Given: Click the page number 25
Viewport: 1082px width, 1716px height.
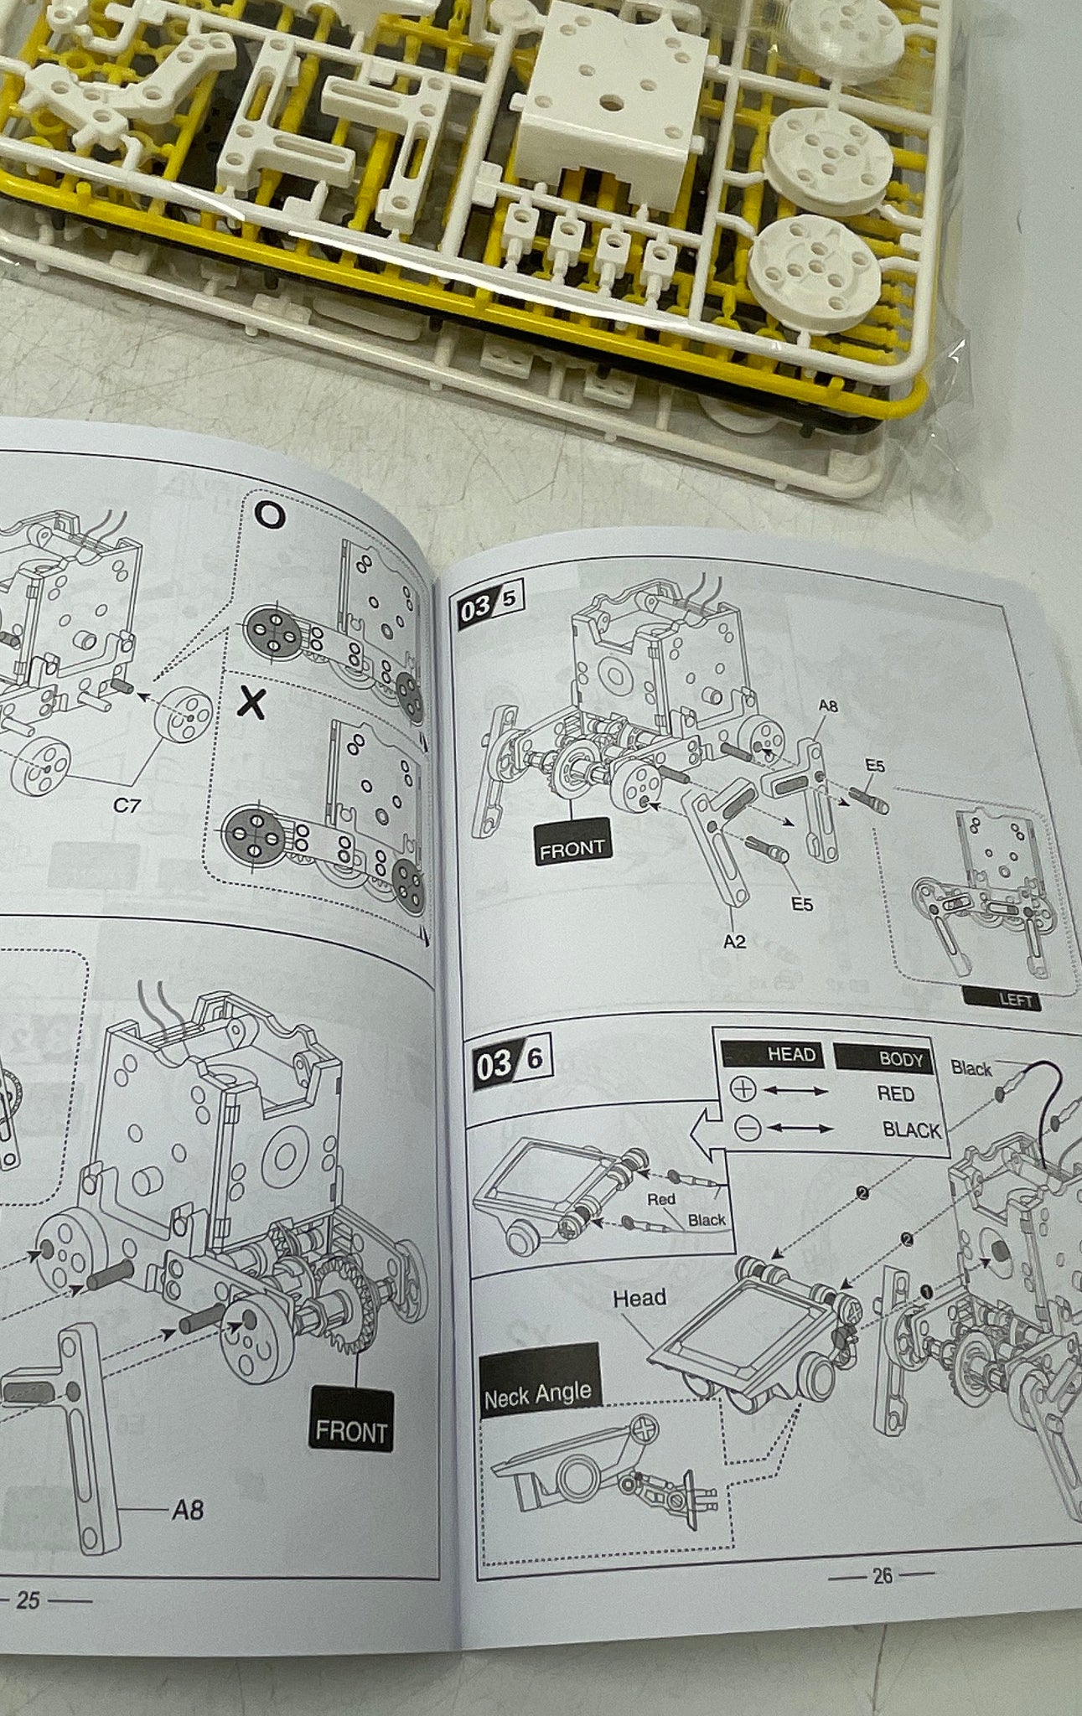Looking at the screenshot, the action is point(28,1600).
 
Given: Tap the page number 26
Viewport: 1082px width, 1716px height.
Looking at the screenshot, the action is point(883,1576).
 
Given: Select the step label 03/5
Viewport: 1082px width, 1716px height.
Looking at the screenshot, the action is point(491,604).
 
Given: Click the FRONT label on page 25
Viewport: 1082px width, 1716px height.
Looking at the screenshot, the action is point(351,1430).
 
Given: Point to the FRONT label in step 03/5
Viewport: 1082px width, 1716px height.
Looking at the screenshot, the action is point(572,849).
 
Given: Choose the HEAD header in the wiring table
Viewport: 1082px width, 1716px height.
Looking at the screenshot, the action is point(773,1054).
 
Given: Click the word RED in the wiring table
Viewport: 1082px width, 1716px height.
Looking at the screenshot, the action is point(895,1093).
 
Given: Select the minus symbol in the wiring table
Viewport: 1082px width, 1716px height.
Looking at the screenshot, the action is point(748,1128).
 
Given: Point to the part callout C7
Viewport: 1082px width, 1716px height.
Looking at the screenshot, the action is point(127,805).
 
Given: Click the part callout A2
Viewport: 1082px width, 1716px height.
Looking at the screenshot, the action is point(734,941).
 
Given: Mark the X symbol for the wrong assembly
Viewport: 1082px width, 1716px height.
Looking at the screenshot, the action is point(251,703).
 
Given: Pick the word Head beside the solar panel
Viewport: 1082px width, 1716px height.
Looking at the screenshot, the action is point(639,1298).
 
